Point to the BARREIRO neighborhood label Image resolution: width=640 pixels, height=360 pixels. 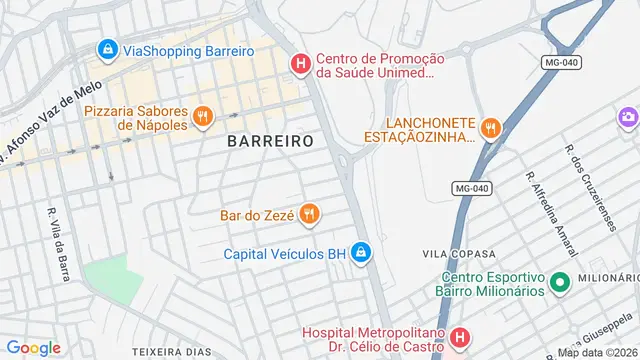click(270, 142)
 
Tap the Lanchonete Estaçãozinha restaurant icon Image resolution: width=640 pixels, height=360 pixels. click(489, 127)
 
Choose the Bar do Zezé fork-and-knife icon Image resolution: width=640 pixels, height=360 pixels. click(310, 213)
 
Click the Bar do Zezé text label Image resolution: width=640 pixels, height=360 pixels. click(255, 214)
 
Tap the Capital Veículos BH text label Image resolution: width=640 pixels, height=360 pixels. click(284, 254)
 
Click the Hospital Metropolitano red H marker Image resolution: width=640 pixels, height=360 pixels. click(459, 337)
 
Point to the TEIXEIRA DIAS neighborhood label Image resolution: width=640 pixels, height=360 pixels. click(171, 352)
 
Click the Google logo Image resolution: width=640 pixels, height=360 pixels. click(34, 347)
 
